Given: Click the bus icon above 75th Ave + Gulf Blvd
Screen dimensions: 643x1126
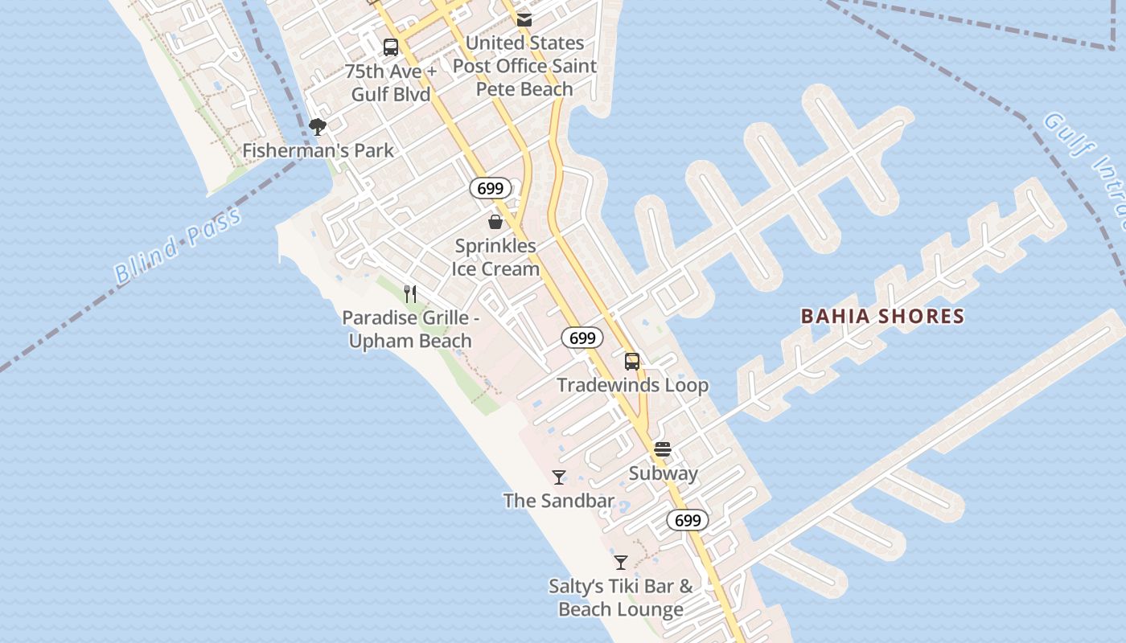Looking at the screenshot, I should (391, 47).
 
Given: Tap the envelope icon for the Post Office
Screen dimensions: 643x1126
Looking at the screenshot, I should (524, 20).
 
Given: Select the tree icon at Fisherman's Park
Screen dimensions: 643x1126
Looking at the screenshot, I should (318, 127).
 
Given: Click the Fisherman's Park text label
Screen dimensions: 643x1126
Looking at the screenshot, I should (318, 150).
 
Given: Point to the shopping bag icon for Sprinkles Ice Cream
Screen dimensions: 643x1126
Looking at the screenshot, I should (495, 222).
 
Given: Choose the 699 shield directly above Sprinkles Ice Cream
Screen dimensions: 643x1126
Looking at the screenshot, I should (490, 189).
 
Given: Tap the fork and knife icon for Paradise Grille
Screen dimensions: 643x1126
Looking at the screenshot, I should (410, 293).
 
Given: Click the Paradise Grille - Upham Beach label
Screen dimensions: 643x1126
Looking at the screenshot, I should (410, 330).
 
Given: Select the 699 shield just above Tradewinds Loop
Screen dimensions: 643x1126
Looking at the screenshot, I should (581, 338).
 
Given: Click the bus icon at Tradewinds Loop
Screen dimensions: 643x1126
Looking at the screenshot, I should (632, 362).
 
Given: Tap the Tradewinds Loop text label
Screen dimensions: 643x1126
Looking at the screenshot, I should (633, 386).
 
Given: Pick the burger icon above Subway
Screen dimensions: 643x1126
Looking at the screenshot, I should (663, 449).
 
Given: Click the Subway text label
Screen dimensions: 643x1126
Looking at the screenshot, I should (663, 473).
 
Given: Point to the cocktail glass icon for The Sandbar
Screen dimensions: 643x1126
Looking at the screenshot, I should (559, 477).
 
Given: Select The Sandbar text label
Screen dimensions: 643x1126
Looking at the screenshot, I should (559, 501).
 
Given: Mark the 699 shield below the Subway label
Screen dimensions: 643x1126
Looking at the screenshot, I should (688, 520).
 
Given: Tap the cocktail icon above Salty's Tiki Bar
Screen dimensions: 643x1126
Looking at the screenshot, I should (620, 563).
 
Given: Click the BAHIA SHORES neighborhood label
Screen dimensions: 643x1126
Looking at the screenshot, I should (882, 317).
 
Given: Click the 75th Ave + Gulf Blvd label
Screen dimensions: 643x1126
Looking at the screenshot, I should (391, 83).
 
